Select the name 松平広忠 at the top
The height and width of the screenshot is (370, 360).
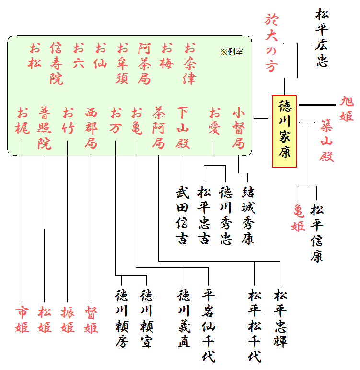(x=322, y=37)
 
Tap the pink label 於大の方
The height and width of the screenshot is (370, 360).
(x=271, y=43)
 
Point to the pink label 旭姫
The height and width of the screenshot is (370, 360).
(x=347, y=108)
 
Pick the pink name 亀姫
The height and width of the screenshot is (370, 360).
(x=299, y=217)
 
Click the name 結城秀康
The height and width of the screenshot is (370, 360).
(x=248, y=215)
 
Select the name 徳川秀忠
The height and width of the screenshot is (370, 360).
(x=226, y=215)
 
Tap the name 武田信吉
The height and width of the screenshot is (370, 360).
(x=182, y=215)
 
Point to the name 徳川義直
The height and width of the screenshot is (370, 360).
(x=184, y=319)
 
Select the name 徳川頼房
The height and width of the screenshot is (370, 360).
(x=122, y=319)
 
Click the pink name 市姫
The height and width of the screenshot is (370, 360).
(x=22, y=320)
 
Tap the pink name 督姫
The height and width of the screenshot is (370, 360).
(x=91, y=320)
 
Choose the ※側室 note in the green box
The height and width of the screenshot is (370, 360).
(x=231, y=52)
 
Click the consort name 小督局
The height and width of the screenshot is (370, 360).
(x=238, y=128)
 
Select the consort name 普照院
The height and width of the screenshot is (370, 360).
(x=45, y=128)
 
